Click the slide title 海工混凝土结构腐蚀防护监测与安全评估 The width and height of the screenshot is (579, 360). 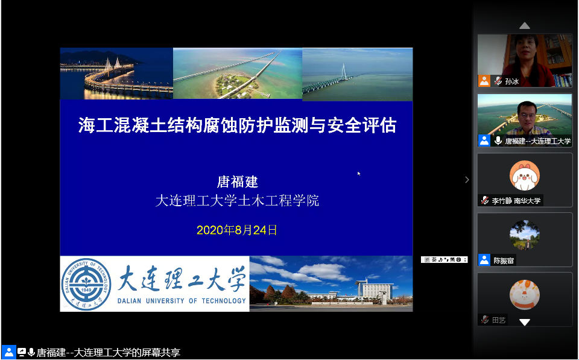(x=237, y=125)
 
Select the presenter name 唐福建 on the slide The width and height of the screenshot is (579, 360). (x=237, y=182)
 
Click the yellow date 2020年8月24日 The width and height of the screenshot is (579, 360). (x=237, y=230)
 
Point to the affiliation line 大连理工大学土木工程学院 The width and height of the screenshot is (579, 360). (x=237, y=201)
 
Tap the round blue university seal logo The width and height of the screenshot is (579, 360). (x=87, y=283)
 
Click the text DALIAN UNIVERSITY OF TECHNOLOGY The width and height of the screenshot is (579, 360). (x=182, y=300)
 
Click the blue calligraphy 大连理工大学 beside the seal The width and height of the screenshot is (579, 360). (x=182, y=279)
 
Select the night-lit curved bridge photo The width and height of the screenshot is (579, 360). (x=116, y=74)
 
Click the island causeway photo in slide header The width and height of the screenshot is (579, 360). (x=237, y=74)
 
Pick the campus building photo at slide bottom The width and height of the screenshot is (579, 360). (x=331, y=283)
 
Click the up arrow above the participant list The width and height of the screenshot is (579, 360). (x=525, y=25)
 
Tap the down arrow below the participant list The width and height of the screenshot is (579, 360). (x=525, y=323)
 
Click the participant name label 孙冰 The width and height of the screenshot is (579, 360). (x=511, y=81)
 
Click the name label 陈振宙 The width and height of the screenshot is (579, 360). (x=504, y=261)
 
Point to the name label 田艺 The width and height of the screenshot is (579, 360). (x=499, y=320)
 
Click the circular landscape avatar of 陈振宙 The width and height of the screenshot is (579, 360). (x=524, y=235)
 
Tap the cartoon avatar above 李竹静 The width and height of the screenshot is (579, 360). (x=524, y=175)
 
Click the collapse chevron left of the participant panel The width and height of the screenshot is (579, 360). (x=466, y=180)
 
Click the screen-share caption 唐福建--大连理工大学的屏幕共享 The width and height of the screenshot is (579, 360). (x=109, y=353)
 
